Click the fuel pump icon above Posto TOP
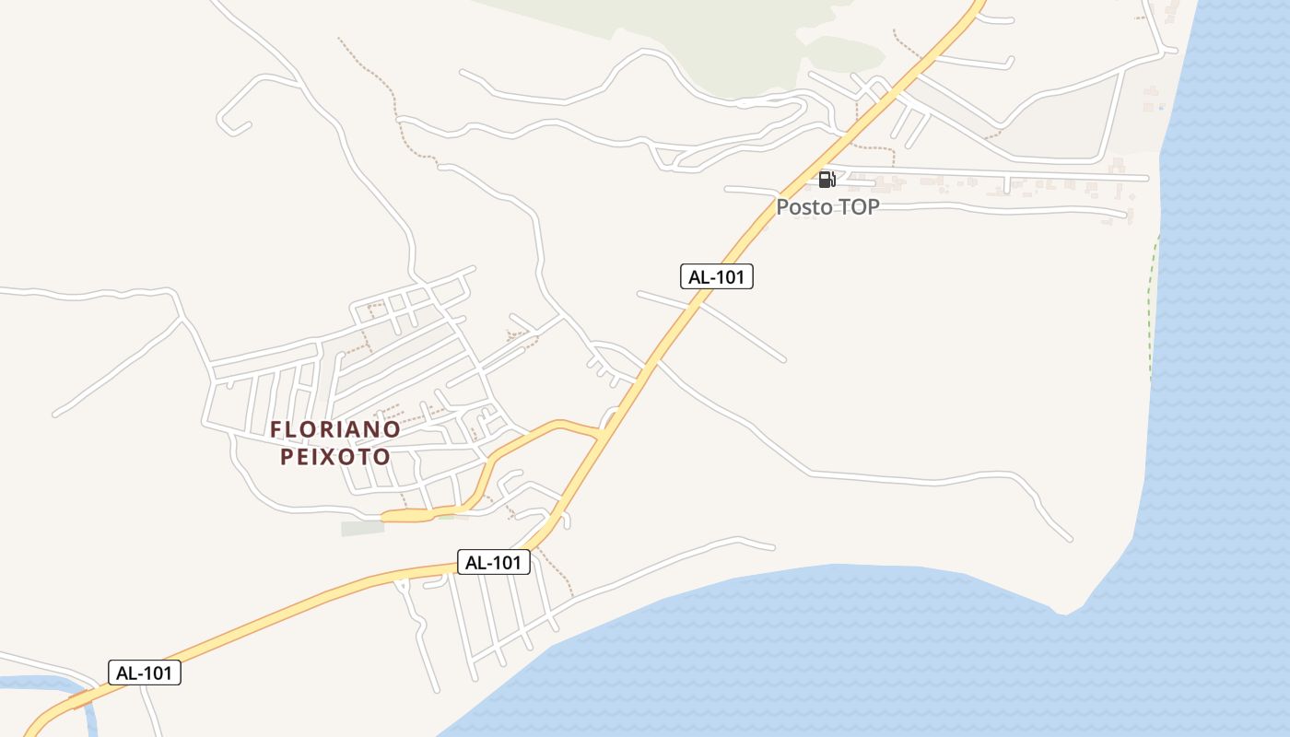(827, 179)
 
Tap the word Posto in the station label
(804, 207)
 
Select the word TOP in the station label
(858, 207)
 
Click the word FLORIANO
(335, 430)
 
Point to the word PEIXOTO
(335, 457)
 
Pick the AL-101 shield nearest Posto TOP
(717, 276)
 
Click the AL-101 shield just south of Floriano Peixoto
(494, 562)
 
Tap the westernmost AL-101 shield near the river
(145, 673)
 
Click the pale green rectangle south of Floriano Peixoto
(362, 528)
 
